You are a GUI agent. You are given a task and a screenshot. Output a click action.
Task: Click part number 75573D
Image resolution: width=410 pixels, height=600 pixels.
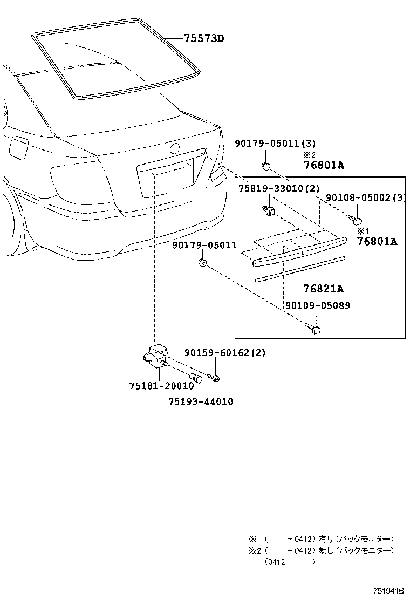[x=203, y=39]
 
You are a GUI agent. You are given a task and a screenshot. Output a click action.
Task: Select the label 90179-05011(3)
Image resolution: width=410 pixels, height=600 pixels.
[x=275, y=143]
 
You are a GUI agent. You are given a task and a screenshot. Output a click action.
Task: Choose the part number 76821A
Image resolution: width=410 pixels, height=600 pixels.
[x=323, y=289]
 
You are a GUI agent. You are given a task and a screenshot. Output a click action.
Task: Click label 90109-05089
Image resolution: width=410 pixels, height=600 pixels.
[x=317, y=305]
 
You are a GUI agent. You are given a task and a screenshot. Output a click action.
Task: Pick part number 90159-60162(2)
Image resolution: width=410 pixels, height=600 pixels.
[x=225, y=353]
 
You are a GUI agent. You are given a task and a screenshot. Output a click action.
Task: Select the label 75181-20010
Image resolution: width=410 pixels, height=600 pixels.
[x=161, y=386]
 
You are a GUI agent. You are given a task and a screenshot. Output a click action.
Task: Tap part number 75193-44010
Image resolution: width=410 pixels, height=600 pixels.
[x=201, y=401]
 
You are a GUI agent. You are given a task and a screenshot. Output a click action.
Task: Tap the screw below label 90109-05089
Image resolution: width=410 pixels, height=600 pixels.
[x=314, y=328]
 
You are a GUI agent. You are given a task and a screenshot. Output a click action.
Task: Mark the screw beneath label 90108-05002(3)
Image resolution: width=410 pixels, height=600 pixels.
[x=356, y=219]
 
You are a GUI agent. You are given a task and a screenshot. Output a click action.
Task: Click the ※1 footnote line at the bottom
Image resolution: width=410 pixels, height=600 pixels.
[x=320, y=539]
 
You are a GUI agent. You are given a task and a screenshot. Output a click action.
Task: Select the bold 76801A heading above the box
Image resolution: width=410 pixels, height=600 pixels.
[x=323, y=166]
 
